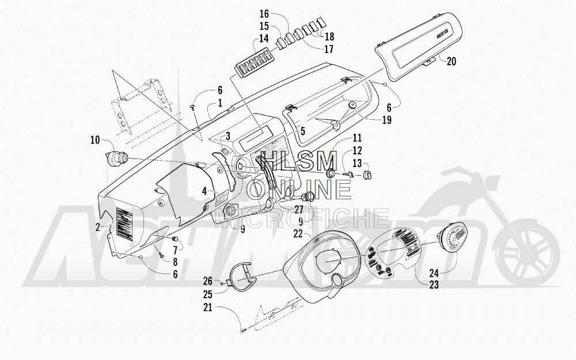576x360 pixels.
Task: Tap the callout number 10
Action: click(95, 139)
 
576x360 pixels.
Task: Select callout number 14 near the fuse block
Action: click(264, 39)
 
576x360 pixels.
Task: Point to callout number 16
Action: click(264, 13)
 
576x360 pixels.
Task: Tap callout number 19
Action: click(386, 120)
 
